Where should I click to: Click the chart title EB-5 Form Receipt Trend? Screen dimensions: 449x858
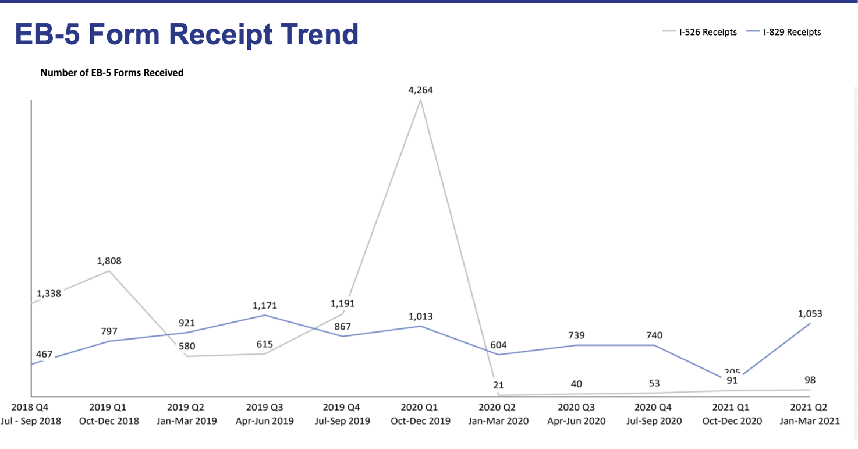[186, 34]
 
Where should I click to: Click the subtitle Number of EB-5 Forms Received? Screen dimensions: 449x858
[112, 73]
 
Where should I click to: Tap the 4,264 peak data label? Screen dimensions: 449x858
[420, 90]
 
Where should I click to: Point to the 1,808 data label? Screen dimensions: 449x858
[109, 261]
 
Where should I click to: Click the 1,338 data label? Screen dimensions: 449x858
[49, 294]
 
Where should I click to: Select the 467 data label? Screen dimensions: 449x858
[44, 354]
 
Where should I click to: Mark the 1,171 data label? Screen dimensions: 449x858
[265, 306]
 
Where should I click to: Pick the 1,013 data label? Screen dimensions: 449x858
[420, 317]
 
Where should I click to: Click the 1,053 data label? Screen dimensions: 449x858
[810, 314]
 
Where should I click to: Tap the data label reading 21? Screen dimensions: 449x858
[498, 385]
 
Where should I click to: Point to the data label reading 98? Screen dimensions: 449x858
[810, 380]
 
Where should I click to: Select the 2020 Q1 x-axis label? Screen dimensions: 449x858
[419, 408]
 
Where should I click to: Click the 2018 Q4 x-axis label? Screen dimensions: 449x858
[30, 408]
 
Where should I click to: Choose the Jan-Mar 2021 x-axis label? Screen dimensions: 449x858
[810, 421]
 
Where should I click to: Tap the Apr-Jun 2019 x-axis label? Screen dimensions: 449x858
[264, 421]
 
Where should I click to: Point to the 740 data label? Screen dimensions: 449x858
[654, 335]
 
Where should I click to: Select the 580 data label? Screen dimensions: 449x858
[187, 347]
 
